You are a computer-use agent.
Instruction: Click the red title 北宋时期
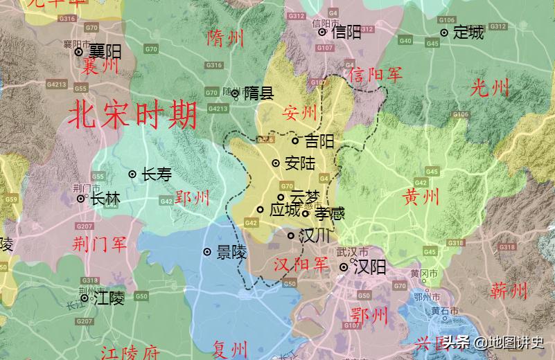coord(133,116)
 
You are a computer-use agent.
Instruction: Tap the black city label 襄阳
coord(105,52)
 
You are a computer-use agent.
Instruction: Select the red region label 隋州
coord(226,38)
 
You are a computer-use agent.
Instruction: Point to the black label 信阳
coord(346,32)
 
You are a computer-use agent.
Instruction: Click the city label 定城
coord(468,33)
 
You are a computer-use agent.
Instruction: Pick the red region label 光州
coord(490,88)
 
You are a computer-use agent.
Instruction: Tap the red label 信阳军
coord(375,74)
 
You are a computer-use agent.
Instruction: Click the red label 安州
coord(299,112)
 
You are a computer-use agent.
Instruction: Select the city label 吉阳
coord(319,142)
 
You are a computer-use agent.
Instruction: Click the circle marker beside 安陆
coord(276,163)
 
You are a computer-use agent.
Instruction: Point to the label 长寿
coord(156,175)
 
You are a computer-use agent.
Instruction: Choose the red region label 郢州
coord(192,198)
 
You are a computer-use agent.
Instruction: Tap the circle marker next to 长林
coord(81,199)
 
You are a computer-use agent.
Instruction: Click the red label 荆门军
coord(100,243)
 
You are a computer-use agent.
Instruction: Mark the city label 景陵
coord(231,253)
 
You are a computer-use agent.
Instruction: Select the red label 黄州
coord(421,197)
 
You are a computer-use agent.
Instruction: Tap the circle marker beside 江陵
coord(85,298)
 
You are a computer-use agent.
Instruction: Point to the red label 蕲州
coord(509,291)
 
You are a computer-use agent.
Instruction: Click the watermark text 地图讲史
coord(516,343)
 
